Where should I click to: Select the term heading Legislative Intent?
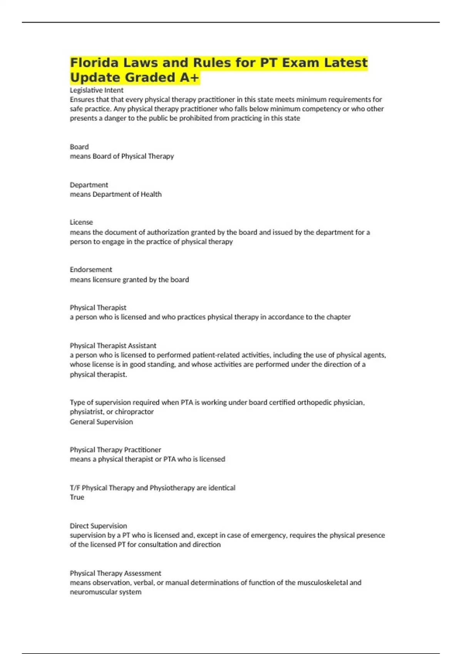(97, 90)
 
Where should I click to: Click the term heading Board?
(79, 147)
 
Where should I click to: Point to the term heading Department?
(89, 185)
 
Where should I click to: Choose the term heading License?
(81, 222)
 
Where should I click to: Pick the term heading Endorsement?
(91, 269)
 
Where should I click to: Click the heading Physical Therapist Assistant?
(113, 345)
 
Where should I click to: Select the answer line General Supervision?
(101, 422)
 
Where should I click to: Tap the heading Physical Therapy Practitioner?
(115, 449)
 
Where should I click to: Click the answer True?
(77, 497)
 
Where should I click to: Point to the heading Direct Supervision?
(98, 526)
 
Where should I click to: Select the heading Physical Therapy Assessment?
(115, 573)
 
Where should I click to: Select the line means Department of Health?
(115, 194)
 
